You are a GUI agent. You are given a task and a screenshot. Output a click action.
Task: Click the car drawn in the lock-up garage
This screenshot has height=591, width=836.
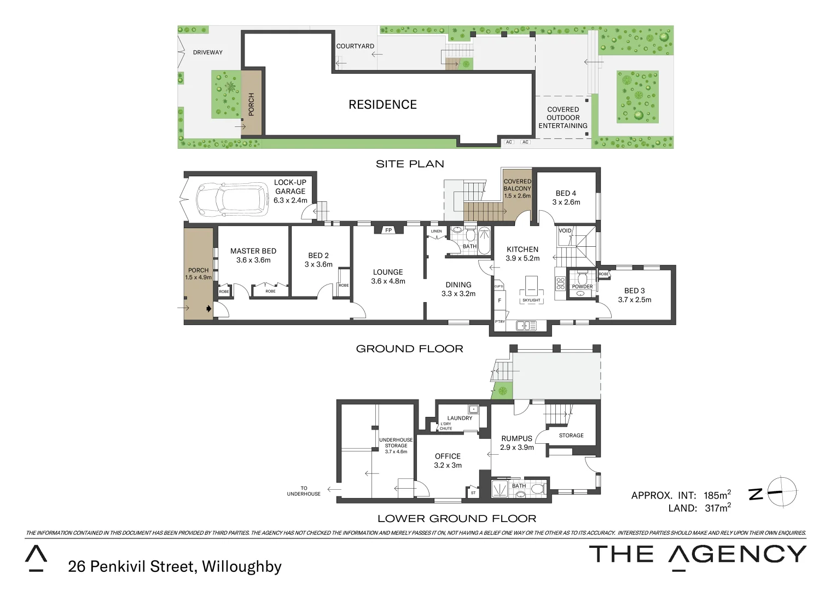tap(229, 199)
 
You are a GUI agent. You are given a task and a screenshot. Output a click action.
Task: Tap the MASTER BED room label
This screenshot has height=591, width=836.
tap(253, 251)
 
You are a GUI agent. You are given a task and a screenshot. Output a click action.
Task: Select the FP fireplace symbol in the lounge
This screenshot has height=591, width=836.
tap(388, 230)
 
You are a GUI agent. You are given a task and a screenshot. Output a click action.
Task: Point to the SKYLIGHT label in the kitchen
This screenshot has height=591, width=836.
tap(531, 300)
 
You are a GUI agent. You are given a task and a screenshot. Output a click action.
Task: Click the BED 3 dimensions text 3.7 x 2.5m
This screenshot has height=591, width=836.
tap(635, 300)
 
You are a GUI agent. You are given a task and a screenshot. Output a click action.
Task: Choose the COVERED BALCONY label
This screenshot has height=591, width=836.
tap(517, 185)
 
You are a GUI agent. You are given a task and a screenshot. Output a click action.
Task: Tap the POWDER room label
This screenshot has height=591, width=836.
tap(582, 287)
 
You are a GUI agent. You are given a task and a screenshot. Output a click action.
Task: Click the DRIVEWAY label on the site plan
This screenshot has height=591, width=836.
tap(208, 53)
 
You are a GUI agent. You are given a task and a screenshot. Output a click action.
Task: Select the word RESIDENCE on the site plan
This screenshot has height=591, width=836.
tap(382, 105)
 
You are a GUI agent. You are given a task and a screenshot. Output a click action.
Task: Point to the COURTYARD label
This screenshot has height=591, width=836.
tap(355, 47)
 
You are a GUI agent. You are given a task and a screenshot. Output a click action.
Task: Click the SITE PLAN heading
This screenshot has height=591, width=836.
tap(410, 164)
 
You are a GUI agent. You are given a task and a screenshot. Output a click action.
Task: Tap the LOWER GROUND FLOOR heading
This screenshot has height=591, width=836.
tap(457, 518)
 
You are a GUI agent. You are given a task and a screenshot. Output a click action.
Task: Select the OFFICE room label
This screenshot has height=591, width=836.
tap(448, 456)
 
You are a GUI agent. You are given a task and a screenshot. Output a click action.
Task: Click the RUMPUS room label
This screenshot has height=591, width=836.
tap(516, 439)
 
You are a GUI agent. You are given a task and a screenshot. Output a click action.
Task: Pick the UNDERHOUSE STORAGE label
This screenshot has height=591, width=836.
tap(396, 443)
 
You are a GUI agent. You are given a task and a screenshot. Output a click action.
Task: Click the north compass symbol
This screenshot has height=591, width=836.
tap(781, 492)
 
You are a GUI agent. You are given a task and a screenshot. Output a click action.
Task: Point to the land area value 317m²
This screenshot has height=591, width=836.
tap(717, 508)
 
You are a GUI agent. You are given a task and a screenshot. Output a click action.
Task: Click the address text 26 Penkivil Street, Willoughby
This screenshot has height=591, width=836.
tap(175, 566)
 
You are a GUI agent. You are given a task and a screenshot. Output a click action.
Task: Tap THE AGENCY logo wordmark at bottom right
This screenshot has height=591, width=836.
tap(698, 555)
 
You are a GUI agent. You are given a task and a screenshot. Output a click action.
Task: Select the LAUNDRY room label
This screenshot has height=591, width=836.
tap(460, 418)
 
